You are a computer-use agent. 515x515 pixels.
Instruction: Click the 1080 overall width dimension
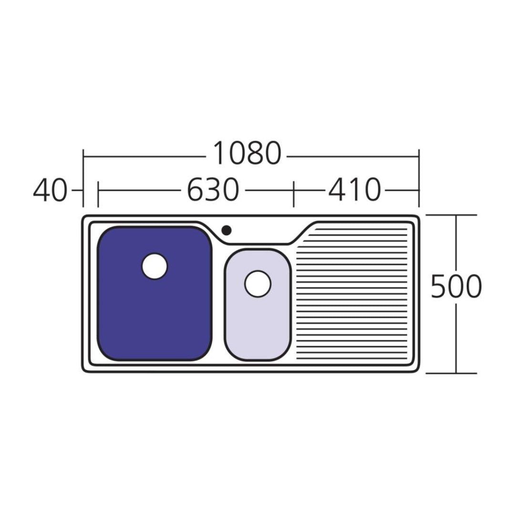pos(247,153)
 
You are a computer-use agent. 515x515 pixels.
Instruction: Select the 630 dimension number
pos(213,190)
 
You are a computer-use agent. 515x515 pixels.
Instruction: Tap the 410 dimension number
pos(354,190)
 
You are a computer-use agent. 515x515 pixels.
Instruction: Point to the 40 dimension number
pos(50,190)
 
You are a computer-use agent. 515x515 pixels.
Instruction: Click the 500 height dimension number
pos(456,287)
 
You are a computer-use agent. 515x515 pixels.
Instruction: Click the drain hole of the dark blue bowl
pos(154,266)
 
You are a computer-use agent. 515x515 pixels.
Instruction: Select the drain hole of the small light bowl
pos(257,284)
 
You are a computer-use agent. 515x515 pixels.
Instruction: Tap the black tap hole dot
pos(227,230)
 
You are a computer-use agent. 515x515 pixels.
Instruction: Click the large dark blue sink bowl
pos(154,293)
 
